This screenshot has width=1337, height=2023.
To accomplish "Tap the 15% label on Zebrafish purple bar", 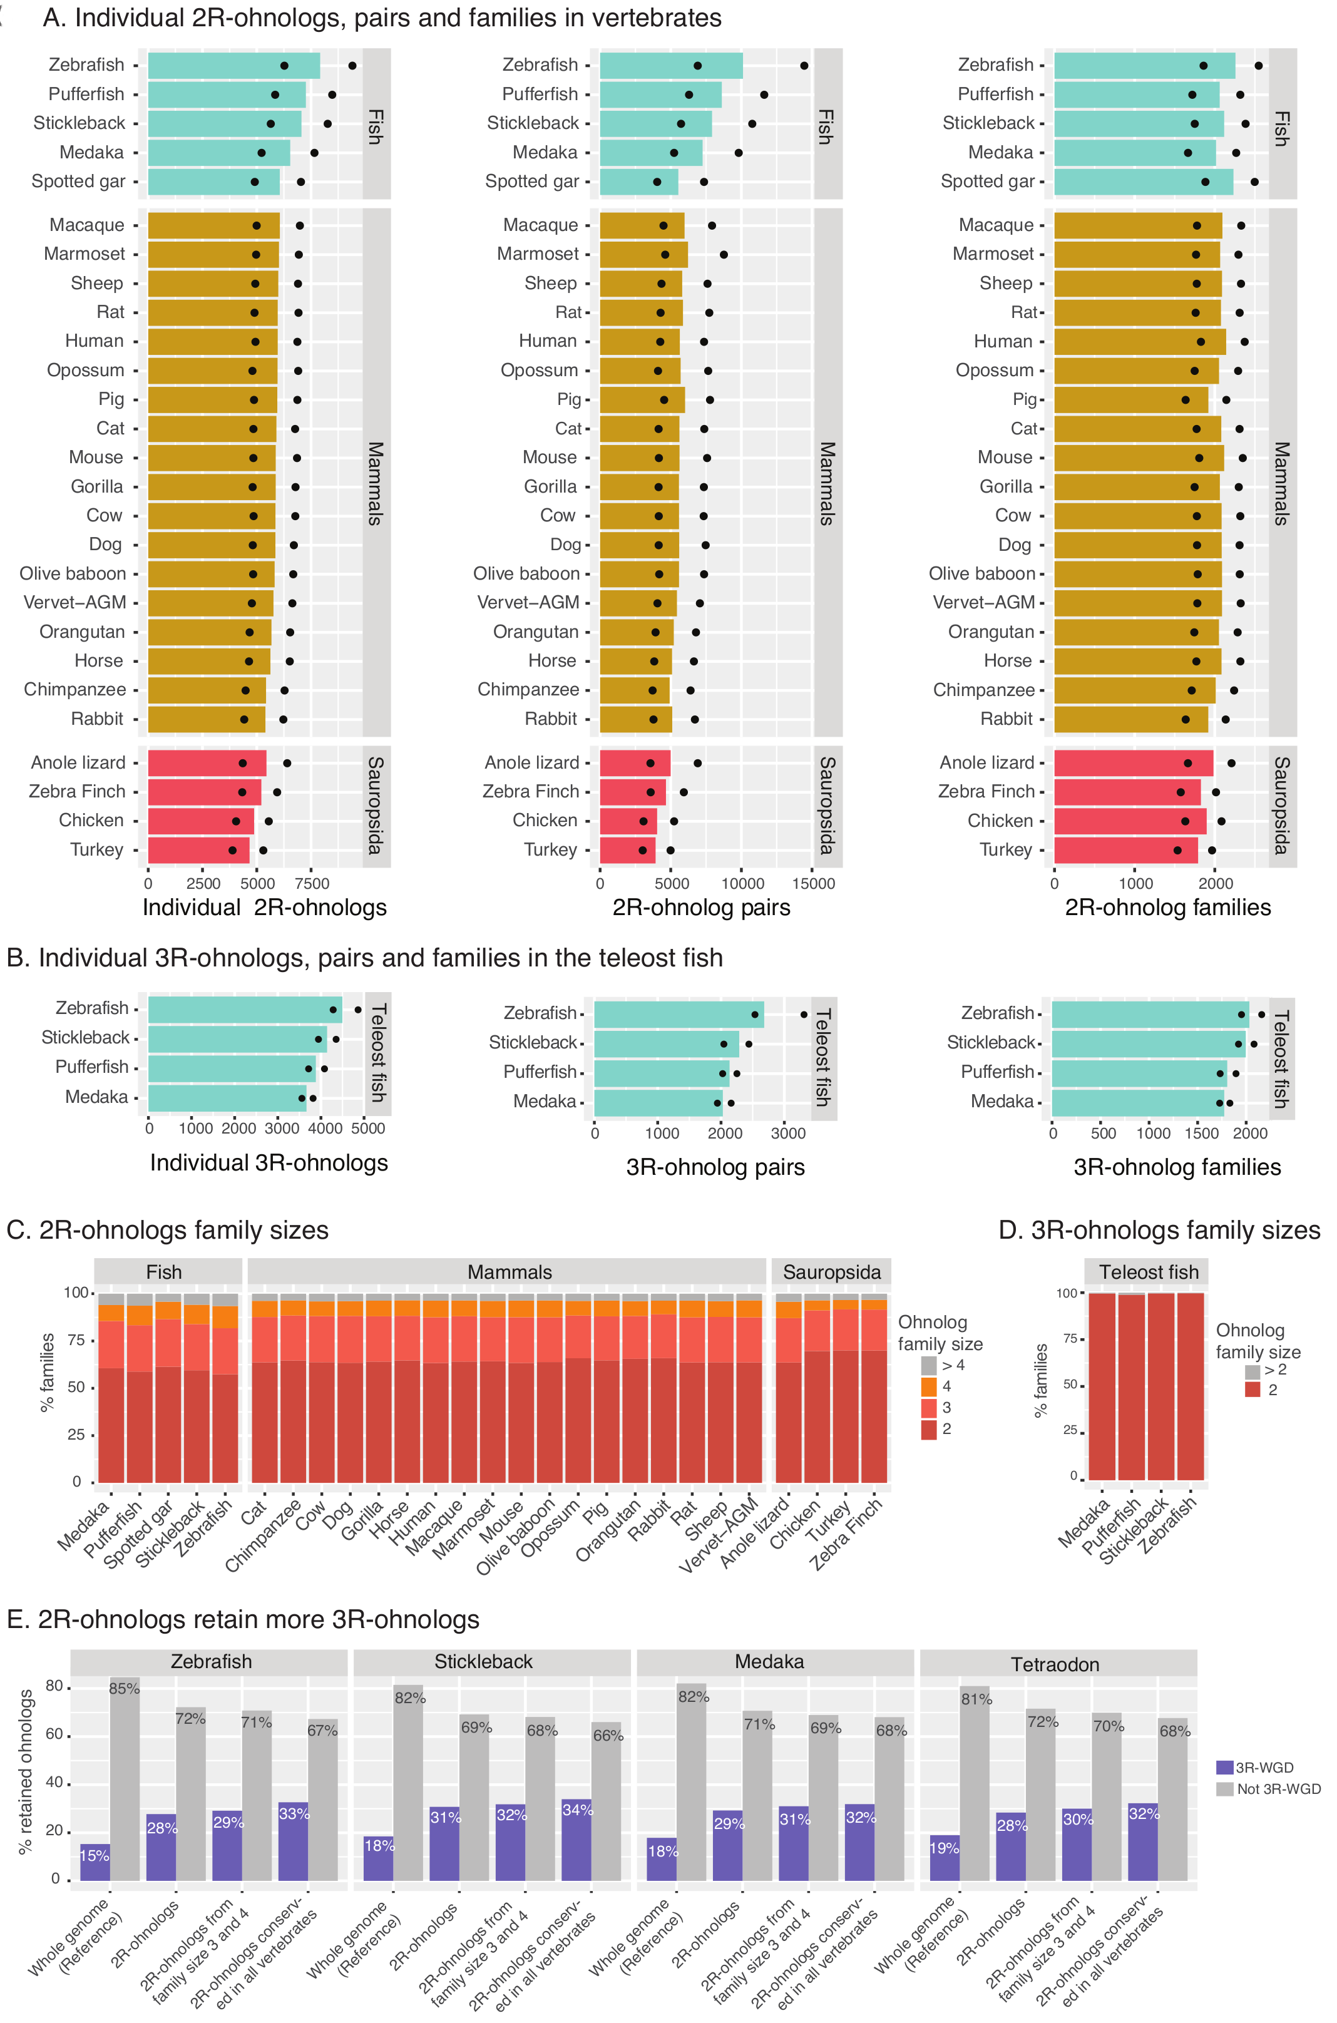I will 94,1855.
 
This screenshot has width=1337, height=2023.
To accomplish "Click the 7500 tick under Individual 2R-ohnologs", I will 312,883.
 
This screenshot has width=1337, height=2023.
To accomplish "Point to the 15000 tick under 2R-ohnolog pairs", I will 814,883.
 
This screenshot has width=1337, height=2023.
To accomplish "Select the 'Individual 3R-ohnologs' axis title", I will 269,1163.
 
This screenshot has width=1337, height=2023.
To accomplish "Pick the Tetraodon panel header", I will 1055,1664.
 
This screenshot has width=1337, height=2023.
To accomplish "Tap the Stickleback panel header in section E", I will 483,1662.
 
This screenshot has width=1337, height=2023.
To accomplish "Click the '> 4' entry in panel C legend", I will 953,1365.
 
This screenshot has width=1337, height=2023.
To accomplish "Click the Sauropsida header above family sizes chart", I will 831,1272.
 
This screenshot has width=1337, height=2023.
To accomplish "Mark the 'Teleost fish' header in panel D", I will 1149,1272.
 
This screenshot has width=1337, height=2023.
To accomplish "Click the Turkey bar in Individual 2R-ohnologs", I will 198,850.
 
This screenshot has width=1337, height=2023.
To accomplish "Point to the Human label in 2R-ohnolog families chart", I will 1003,341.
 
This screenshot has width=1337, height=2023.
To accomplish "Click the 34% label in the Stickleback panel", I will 577,1809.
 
